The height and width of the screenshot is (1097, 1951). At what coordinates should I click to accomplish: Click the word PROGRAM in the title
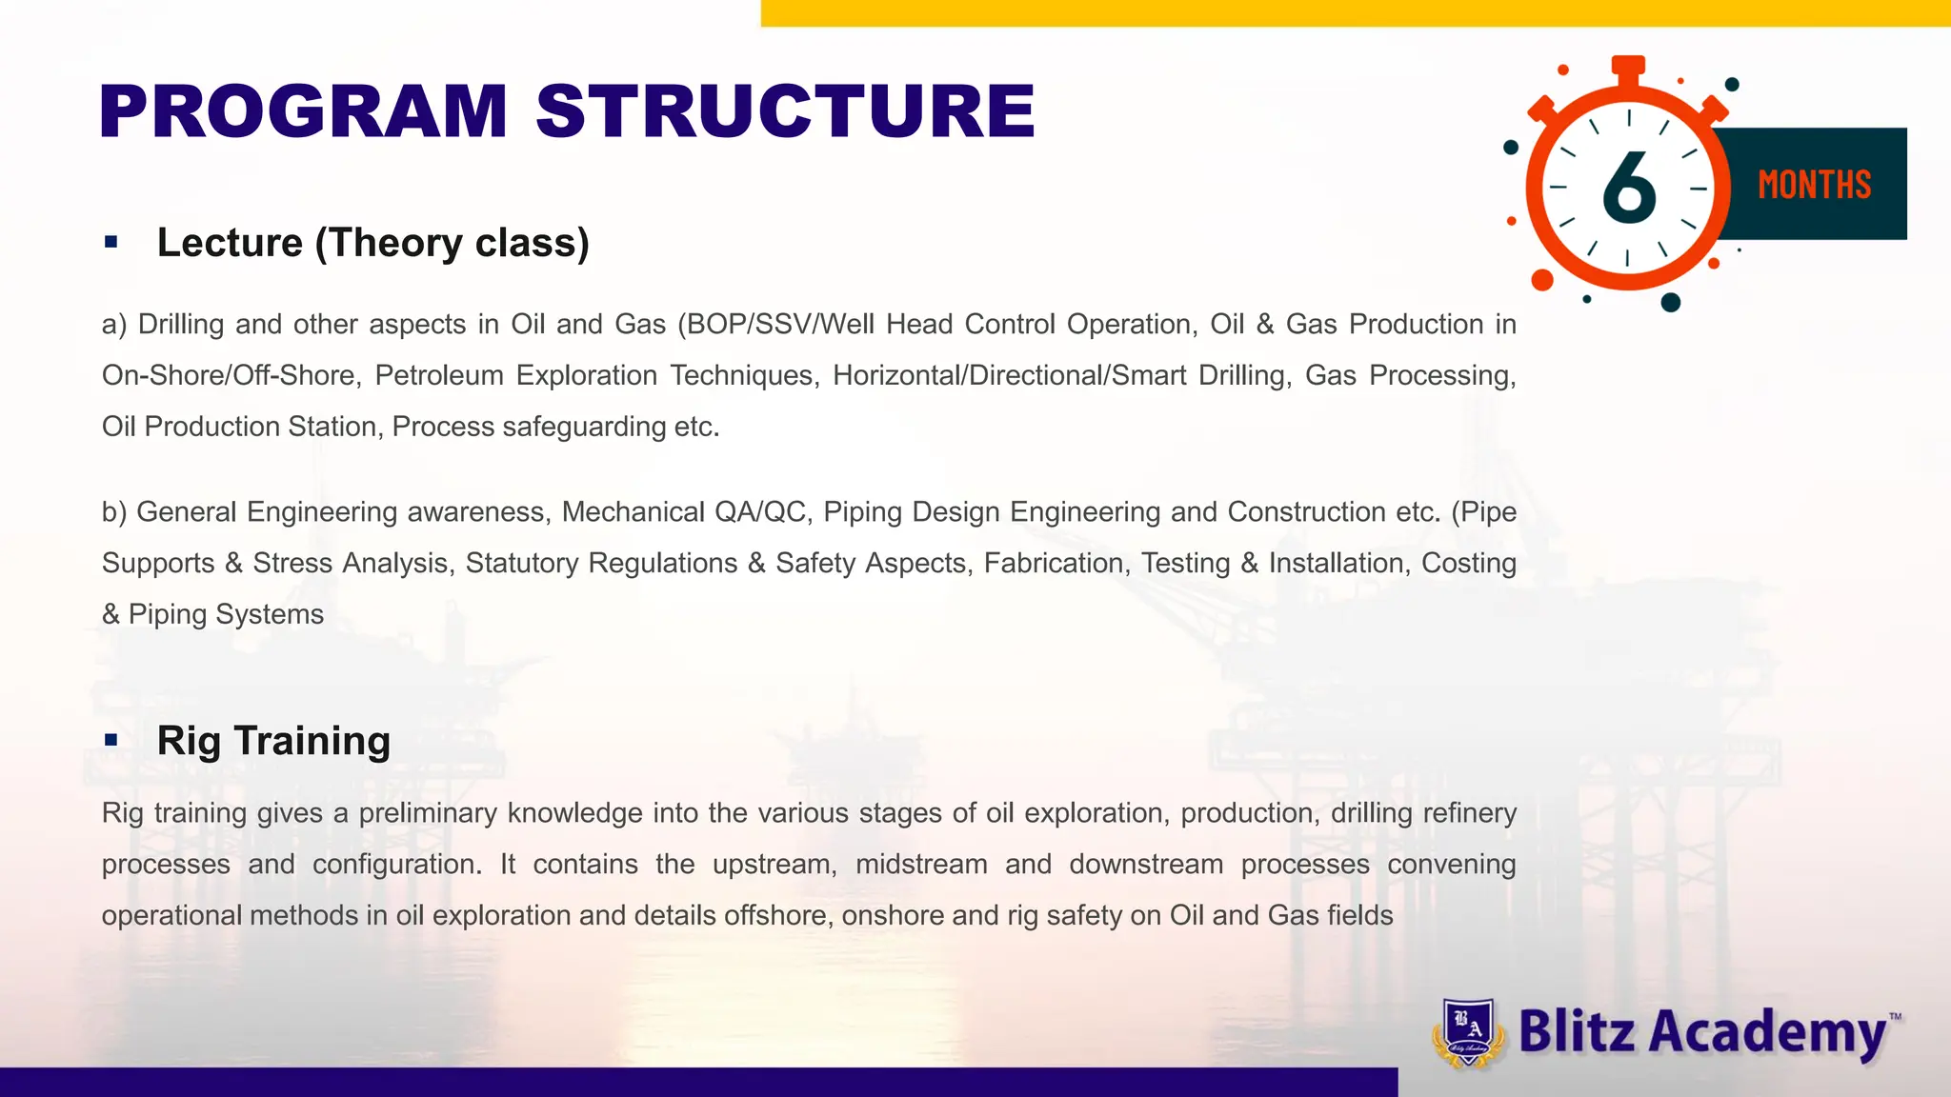click(303, 112)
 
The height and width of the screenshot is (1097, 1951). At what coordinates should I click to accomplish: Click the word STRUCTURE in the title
click(785, 112)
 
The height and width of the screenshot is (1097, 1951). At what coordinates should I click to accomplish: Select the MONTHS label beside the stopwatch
click(1814, 185)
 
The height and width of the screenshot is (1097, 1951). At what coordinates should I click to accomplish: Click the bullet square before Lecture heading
click(111, 243)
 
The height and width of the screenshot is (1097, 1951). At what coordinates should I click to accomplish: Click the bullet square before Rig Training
click(111, 740)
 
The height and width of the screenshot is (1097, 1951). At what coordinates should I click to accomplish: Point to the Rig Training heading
click(273, 741)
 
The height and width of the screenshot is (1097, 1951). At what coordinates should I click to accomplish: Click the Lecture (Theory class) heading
click(372, 243)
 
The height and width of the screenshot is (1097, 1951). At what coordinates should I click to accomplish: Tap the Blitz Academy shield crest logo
click(1468, 1032)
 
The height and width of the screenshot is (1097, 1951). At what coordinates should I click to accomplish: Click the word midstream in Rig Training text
click(921, 865)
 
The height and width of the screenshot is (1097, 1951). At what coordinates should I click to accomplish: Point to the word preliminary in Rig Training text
click(428, 813)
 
